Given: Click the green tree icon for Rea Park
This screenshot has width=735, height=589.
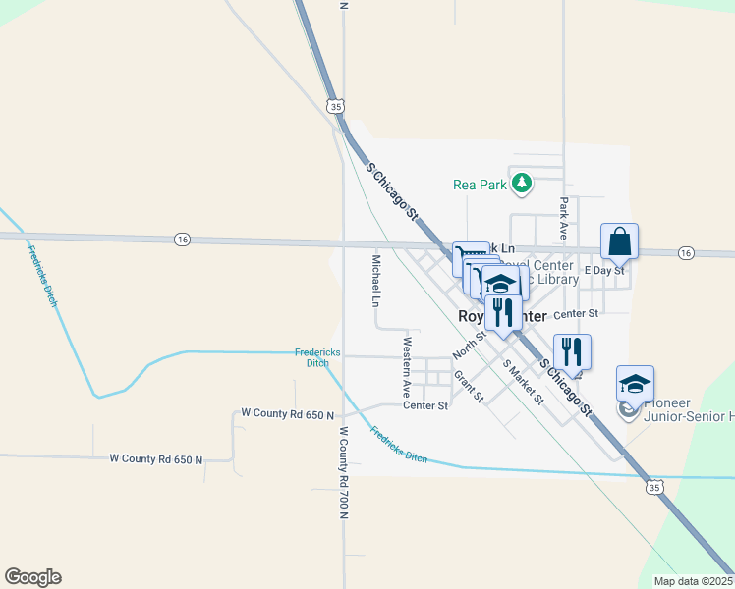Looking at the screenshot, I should click(522, 183).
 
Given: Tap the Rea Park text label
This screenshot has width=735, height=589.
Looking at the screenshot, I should click(479, 184).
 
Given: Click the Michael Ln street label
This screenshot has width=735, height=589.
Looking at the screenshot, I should click(375, 280).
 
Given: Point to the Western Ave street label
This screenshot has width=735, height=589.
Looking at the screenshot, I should click(406, 367).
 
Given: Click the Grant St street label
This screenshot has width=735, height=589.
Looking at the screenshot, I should click(469, 386).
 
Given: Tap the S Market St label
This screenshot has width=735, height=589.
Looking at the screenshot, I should click(523, 381).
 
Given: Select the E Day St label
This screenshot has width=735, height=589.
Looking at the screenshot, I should click(604, 270).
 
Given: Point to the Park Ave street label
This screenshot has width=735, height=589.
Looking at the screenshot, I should click(564, 220).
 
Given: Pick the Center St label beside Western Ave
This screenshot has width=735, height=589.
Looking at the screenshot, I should click(425, 405).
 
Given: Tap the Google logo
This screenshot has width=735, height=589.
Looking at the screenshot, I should click(32, 577).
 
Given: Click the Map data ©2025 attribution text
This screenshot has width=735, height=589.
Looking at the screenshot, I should click(694, 581).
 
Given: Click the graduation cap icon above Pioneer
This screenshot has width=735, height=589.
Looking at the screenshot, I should click(635, 382).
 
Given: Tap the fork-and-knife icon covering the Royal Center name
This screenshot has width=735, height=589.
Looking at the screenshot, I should click(503, 312).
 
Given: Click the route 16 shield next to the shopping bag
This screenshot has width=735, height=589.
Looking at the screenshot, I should click(686, 253).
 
